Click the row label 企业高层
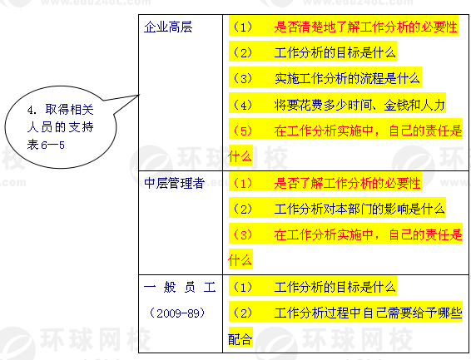point(168,27)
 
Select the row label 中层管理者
point(175,183)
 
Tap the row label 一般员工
point(180,287)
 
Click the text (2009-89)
point(177,313)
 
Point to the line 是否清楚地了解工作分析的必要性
point(365,27)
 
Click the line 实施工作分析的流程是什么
point(347,79)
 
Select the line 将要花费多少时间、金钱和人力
point(359,105)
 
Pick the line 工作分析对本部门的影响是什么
point(359,209)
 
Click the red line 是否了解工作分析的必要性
point(347,183)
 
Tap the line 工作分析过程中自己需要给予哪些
point(368,313)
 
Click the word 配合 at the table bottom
point(240,339)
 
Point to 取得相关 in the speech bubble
point(69,109)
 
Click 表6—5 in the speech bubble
point(46,145)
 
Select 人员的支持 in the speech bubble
point(60,127)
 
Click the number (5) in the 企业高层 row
point(243,131)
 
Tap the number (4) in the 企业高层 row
point(243,105)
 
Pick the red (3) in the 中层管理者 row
point(243,235)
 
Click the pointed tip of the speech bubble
point(139,95)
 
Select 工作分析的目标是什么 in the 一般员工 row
point(335,287)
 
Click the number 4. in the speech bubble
point(32,110)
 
